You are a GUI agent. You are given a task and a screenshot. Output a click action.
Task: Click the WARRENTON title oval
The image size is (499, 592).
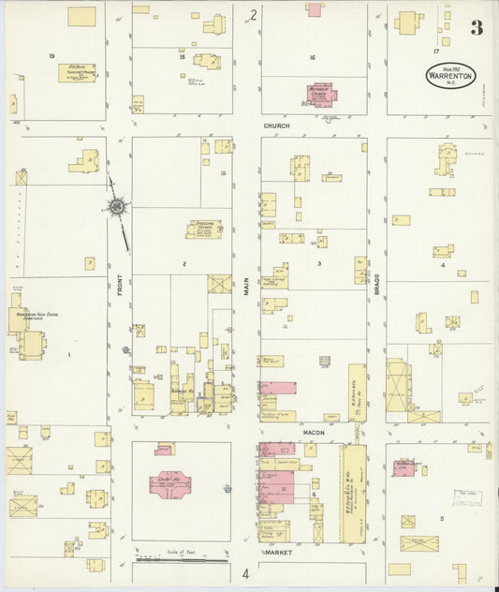click(450, 75)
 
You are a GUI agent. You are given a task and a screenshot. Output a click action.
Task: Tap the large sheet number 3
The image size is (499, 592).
click(477, 28)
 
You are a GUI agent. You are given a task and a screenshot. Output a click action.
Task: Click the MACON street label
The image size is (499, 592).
click(313, 432)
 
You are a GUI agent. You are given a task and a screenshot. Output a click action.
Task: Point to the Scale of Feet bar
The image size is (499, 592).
click(182, 560)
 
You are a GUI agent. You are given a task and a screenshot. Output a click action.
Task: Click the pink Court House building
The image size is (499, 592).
click(169, 487)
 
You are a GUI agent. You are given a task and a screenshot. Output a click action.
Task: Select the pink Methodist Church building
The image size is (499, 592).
click(321, 96)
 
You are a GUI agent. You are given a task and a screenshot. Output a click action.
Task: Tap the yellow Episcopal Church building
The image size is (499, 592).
click(204, 229)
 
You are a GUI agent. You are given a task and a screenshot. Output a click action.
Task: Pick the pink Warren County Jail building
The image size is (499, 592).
click(404, 466)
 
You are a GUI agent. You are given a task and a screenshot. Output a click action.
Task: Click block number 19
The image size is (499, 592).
click(51, 56)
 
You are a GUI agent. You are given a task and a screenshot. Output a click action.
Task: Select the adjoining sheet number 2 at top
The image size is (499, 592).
click(253, 14)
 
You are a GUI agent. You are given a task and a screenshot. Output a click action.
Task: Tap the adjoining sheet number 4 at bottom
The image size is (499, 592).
click(246, 573)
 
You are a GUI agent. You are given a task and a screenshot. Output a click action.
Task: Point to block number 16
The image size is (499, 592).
click(313, 57)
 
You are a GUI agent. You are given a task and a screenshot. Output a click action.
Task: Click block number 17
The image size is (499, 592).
click(436, 51)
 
